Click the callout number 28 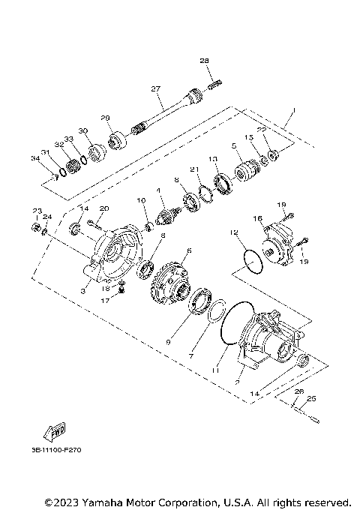tap(204, 60)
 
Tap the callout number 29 tap(106, 118)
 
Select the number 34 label tap(34, 158)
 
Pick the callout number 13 tap(213, 159)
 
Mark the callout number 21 tap(193, 169)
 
